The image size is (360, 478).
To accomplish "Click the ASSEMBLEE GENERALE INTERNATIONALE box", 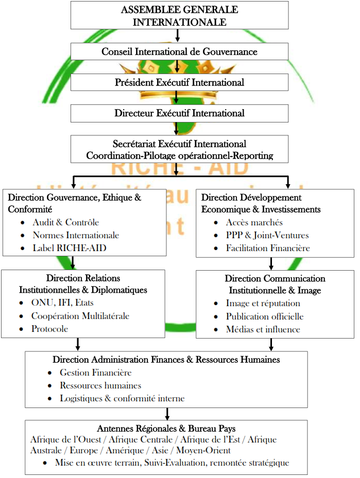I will (x=179, y=16).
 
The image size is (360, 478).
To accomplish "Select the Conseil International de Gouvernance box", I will (x=179, y=51).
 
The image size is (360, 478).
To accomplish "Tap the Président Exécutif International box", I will (x=179, y=82).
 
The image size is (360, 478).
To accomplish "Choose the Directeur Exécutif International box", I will (x=179, y=113).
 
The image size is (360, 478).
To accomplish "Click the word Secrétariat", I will (x=136, y=144).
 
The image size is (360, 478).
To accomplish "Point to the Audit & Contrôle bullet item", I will (x=65, y=222).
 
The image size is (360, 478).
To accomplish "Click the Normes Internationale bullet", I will (x=76, y=235).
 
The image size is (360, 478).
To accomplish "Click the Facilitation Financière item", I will (x=268, y=248).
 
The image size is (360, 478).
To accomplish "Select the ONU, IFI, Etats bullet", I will (x=62, y=303).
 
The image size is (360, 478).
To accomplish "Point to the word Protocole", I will (x=49, y=329).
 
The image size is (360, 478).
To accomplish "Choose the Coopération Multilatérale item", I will (x=80, y=316).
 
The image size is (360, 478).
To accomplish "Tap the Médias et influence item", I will (x=263, y=329).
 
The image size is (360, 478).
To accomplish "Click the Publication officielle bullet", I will (x=265, y=316).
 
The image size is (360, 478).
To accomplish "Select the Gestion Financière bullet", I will (x=95, y=373).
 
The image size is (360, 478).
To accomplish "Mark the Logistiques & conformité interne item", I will (x=122, y=398).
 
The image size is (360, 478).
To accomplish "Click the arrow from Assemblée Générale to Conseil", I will (x=177, y=36).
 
